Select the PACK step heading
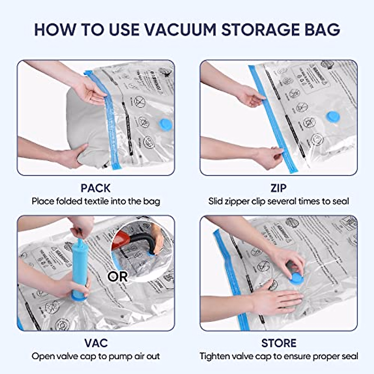click(x=95, y=188)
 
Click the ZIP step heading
click(x=278, y=188)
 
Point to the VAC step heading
click(x=96, y=343)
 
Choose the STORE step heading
click(x=279, y=343)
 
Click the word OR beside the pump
click(x=117, y=276)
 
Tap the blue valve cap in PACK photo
click(x=165, y=124)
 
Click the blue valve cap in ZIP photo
click(x=333, y=117)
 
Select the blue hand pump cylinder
click(x=79, y=268)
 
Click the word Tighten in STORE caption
click(x=215, y=356)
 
